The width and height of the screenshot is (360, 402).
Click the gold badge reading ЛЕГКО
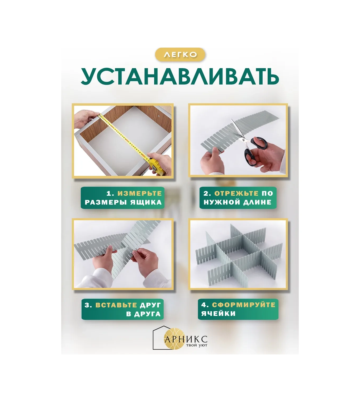tap(180, 55)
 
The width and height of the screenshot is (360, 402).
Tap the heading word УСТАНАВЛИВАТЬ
tap(180, 77)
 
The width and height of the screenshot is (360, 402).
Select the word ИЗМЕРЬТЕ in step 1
tap(139, 193)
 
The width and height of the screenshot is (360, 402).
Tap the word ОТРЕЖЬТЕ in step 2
tap(236, 193)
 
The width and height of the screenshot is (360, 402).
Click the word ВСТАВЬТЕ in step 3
tap(116, 305)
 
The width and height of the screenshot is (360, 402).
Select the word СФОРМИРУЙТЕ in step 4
tap(243, 305)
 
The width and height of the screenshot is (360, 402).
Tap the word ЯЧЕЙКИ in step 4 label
tap(218, 314)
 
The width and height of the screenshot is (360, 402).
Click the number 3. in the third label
tap(88, 305)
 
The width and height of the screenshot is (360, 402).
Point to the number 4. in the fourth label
tap(205, 305)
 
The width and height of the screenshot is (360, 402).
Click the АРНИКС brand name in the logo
tap(186, 339)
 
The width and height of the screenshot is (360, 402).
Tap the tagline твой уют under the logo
tap(196, 345)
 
